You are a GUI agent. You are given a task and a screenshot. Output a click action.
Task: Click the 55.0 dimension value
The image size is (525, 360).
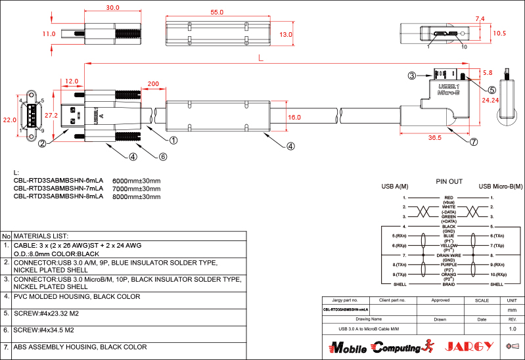(x=217, y=12)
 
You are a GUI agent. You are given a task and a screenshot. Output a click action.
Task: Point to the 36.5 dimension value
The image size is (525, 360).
(x=434, y=138)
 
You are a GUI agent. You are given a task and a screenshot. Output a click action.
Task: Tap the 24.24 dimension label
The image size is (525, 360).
(x=490, y=101)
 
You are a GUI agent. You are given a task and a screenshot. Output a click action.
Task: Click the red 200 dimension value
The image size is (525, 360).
(x=153, y=84)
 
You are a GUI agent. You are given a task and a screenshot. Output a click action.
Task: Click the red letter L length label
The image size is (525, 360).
(x=262, y=58)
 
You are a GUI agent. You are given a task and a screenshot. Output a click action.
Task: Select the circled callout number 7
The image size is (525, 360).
(x=473, y=141)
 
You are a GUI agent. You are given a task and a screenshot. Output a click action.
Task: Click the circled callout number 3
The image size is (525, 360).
(x=411, y=76)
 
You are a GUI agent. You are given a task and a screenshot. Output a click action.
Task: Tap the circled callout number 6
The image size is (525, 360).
(x=163, y=156)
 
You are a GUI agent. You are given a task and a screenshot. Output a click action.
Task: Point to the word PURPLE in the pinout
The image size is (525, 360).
(x=449, y=265)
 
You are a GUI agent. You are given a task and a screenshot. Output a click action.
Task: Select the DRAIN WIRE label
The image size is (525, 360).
(x=449, y=255)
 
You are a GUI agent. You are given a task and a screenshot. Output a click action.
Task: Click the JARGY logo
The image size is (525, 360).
(x=469, y=346)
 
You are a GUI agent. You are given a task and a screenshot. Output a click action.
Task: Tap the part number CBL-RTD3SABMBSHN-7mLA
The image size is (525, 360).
(x=58, y=188)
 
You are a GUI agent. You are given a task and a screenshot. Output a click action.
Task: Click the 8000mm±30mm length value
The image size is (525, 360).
(x=137, y=196)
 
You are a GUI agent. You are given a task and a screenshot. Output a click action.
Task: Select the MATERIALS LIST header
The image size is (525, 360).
(x=41, y=235)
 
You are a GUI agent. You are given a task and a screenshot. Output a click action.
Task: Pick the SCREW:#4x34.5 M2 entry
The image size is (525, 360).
(x=44, y=330)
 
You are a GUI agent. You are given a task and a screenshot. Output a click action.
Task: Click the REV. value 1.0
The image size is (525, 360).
(x=513, y=328)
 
